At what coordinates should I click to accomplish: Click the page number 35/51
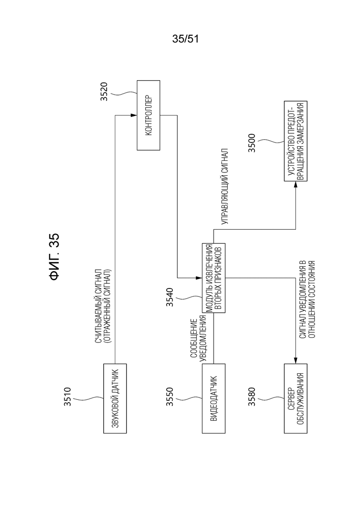click(x=185, y=40)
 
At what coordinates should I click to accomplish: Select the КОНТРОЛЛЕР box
click(x=148, y=116)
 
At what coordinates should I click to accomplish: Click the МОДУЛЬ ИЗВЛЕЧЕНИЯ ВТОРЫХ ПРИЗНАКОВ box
click(x=214, y=278)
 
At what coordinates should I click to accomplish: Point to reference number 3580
click(x=251, y=398)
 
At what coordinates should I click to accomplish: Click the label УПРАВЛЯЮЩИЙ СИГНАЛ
click(x=225, y=187)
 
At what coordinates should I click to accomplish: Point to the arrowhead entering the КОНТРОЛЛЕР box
click(x=134, y=116)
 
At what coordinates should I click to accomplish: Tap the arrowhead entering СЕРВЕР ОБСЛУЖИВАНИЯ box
click(x=295, y=362)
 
